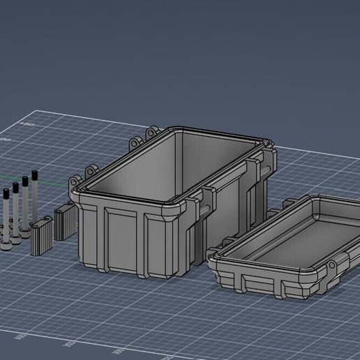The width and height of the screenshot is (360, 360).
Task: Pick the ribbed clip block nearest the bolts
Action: tap(41, 237)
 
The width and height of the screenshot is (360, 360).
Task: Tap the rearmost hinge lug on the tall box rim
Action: tap(151, 132)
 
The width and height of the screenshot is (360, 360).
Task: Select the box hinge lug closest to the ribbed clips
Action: tap(91, 170)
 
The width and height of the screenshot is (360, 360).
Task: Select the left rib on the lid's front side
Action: tap(241, 283)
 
